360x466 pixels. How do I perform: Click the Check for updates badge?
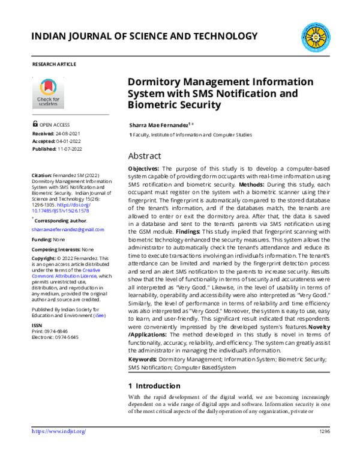[48, 92]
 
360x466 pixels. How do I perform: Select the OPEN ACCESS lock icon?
[35, 124]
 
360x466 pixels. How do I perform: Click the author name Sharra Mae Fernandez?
[159, 124]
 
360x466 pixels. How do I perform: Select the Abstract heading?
[145, 155]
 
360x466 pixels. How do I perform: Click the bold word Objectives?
[144, 169]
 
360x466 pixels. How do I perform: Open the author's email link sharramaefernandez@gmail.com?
[68, 229]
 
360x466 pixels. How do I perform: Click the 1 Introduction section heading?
[154, 385]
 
